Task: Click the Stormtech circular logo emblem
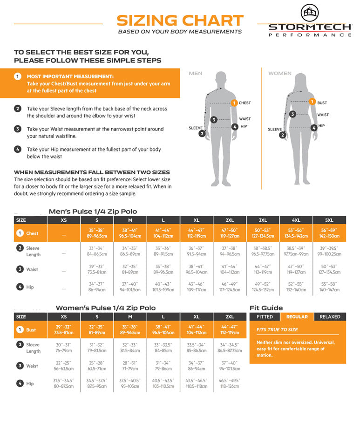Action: (310, 13)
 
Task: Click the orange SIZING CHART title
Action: (180, 21)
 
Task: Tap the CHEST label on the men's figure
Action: (245, 103)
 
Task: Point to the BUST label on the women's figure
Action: (322, 103)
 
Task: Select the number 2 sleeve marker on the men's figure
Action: (202, 134)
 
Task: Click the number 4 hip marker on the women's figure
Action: (314, 128)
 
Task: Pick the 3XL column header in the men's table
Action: (263, 220)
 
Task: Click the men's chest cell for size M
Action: (130, 233)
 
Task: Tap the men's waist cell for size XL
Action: (197, 269)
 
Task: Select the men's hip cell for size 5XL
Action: (329, 287)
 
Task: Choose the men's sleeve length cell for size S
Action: (97, 251)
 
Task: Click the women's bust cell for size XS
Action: (64, 329)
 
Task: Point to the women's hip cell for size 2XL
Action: (230, 383)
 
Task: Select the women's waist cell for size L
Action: (163, 366)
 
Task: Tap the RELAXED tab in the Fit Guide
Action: (330, 317)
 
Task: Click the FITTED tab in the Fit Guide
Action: (265, 317)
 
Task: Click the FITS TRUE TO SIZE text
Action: (277, 329)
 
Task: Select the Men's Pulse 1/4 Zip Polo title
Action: (93, 212)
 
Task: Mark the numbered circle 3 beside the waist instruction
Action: (18, 129)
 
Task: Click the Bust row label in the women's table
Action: (31, 330)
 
